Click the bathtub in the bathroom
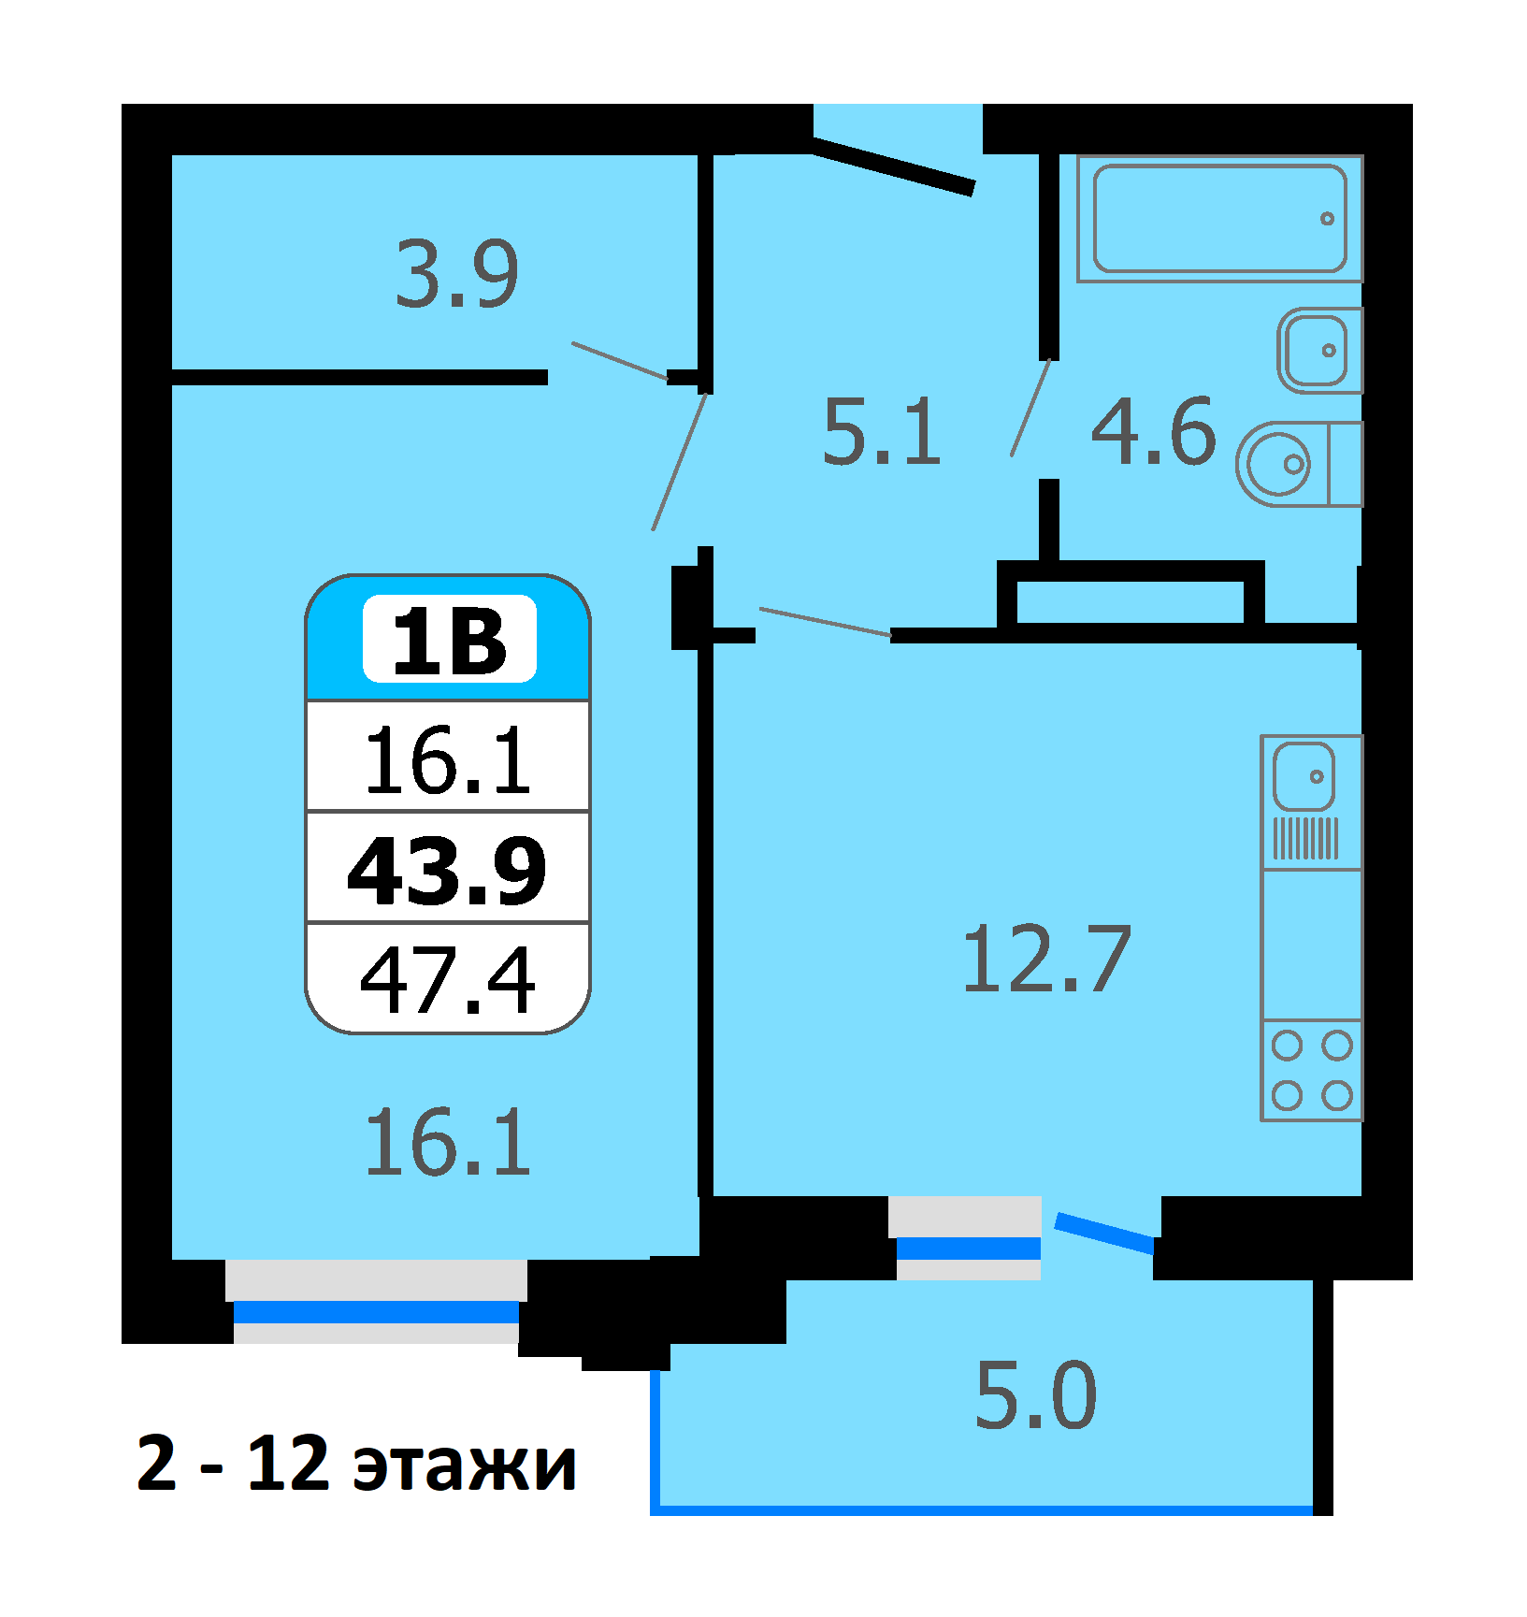[x=1219, y=219]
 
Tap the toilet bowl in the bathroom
[x=1299, y=464]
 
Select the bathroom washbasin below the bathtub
[x=1320, y=350]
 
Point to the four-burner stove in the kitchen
[x=1312, y=1070]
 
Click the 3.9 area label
[x=456, y=273]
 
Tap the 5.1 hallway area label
[x=882, y=431]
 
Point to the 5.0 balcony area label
[x=1036, y=1395]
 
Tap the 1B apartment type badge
[x=450, y=640]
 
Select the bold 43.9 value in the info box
[x=447, y=870]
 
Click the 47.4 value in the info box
[x=448, y=979]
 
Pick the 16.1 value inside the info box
[x=448, y=760]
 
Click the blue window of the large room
[x=376, y=1312]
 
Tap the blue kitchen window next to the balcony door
[x=969, y=1248]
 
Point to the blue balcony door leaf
[x=1105, y=1233]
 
